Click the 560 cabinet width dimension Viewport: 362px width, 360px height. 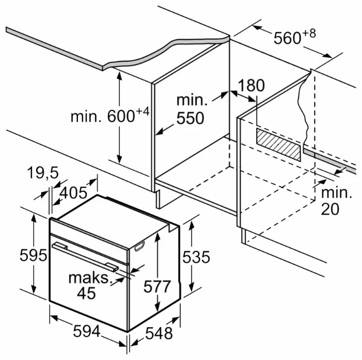[287, 38]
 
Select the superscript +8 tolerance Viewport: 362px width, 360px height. [308, 33]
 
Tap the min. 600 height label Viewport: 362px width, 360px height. [103, 116]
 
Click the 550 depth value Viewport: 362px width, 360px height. [190, 118]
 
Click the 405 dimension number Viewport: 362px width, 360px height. [73, 193]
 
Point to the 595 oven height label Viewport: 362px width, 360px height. [17, 255]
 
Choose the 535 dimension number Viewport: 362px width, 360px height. [196, 256]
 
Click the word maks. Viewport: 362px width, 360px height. [89, 279]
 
